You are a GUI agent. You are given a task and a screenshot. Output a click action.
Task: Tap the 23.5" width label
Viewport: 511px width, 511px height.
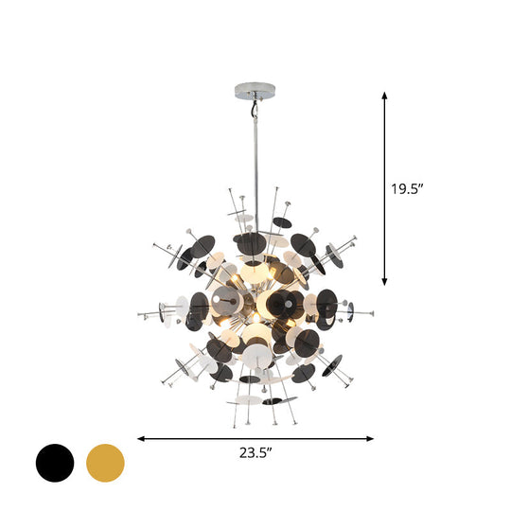click(255, 453)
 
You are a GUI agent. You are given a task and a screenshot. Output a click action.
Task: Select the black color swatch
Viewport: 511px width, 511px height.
click(55, 463)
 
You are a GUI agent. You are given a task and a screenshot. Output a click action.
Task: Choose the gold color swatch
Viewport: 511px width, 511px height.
click(105, 463)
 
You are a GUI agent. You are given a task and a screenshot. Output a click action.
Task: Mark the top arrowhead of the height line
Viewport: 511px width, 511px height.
click(384, 95)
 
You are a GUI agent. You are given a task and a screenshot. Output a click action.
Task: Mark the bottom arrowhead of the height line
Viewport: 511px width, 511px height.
click(384, 281)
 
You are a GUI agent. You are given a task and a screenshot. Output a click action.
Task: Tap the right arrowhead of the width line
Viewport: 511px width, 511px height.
click(371, 438)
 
